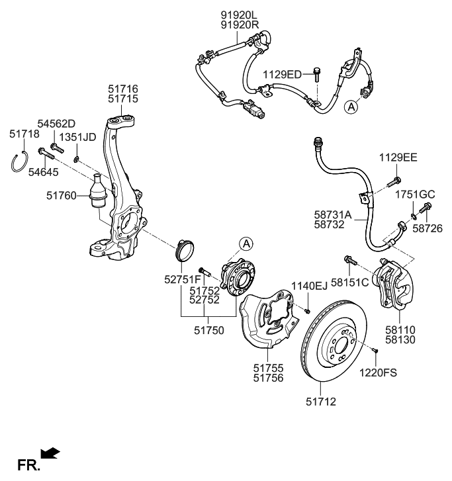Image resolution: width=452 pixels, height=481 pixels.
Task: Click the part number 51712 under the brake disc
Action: pyautogui.click(x=320, y=400)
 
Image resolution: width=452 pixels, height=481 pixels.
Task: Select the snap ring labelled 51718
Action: pyautogui.click(x=19, y=162)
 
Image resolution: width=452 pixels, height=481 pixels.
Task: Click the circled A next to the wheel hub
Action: pyautogui.click(x=246, y=243)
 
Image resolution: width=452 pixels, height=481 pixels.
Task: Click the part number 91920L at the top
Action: pyautogui.click(x=239, y=14)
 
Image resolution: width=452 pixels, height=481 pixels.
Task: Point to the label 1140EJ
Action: pyautogui.click(x=308, y=286)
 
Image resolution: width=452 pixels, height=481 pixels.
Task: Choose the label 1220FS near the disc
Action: pyautogui.click(x=378, y=372)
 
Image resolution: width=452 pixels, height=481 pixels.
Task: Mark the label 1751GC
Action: pyautogui.click(x=416, y=195)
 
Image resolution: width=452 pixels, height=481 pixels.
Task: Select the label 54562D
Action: pyautogui.click(x=56, y=123)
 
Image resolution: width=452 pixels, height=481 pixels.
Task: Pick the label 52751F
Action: pyautogui.click(x=182, y=280)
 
